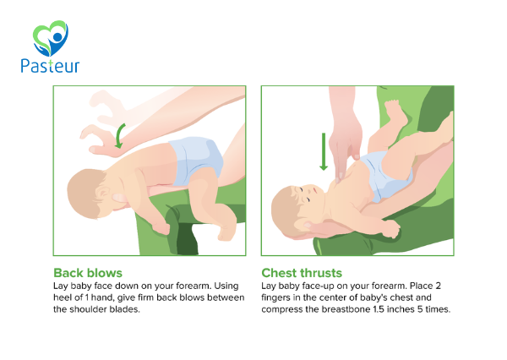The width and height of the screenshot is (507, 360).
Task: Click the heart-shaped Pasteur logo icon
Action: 51,38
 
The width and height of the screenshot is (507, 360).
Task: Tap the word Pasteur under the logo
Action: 50,66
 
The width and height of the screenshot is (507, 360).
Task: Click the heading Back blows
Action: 88,273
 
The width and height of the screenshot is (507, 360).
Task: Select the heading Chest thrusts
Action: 302,273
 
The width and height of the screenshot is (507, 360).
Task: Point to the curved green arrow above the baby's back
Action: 120,136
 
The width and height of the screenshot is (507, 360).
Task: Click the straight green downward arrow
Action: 324,152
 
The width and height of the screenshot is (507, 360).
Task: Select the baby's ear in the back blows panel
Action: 104,193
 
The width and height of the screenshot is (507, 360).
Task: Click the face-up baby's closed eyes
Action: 305,194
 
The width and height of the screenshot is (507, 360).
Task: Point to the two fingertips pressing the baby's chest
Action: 346,167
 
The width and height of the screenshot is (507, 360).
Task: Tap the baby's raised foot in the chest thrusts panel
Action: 396,112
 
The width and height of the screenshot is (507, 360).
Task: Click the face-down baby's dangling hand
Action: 161,226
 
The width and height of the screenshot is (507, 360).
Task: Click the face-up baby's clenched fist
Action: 390,228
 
